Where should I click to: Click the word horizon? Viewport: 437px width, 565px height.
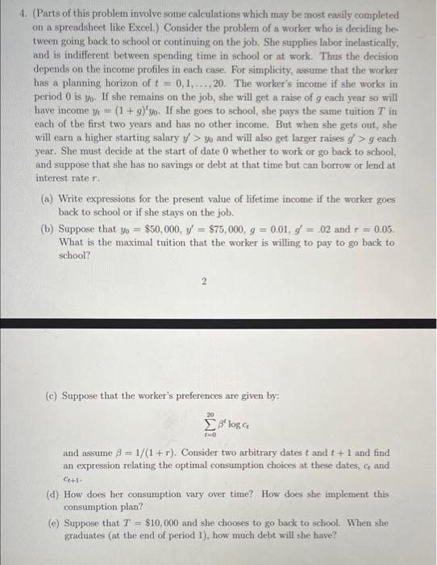[123, 83]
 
